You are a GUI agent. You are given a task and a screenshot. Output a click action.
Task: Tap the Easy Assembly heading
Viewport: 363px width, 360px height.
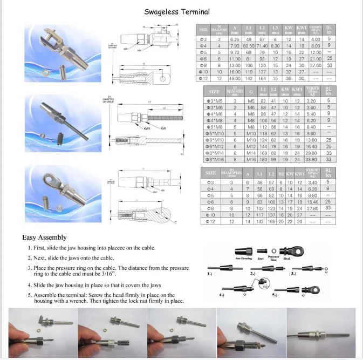click(45, 237)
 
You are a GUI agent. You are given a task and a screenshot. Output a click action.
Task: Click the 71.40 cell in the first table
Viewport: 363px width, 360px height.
click(262, 46)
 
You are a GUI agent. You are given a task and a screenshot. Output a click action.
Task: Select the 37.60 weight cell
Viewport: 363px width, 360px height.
click(314, 65)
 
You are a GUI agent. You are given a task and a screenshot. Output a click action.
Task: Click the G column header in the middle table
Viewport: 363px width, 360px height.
click(251, 92)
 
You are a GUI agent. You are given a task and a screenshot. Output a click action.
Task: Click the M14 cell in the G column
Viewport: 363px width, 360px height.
click(251, 153)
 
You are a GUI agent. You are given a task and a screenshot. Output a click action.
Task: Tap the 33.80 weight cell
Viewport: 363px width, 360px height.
click(311, 160)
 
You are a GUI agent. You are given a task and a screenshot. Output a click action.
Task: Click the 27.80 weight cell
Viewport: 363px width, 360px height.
click(313, 208)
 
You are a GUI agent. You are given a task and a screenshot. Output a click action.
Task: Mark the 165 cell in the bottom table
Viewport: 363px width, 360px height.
click(271, 221)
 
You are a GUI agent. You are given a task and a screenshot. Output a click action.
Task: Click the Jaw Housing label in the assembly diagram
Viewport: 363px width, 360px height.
click(244, 259)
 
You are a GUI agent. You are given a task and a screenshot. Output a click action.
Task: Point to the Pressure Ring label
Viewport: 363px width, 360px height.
click(273, 259)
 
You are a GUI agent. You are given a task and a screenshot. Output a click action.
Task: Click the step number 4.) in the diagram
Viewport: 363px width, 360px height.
click(222, 296)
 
